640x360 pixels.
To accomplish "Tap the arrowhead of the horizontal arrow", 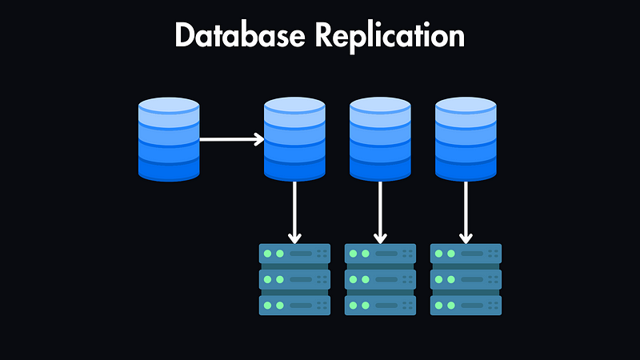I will pyautogui.click(x=259, y=139).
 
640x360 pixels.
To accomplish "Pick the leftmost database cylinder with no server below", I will pyautogui.click(x=168, y=139).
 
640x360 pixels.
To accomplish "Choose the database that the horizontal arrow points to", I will pyautogui.click(x=294, y=139).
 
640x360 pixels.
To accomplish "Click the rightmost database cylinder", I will pyautogui.click(x=466, y=139).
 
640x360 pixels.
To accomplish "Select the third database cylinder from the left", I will pyautogui.click(x=380, y=139).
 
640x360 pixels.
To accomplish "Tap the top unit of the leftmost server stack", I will pyautogui.click(x=294, y=254).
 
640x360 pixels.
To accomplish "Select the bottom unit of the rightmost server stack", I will pyautogui.click(x=466, y=305).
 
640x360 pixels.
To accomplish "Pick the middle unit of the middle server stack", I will pyautogui.click(x=380, y=279).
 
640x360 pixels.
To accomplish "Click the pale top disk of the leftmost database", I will pyautogui.click(x=168, y=105).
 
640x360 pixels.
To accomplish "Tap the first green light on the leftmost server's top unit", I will pyautogui.click(x=268, y=254).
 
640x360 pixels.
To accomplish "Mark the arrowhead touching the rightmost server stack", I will pyautogui.click(x=466, y=238).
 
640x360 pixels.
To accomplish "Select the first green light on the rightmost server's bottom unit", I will pyautogui.click(x=439, y=305).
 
